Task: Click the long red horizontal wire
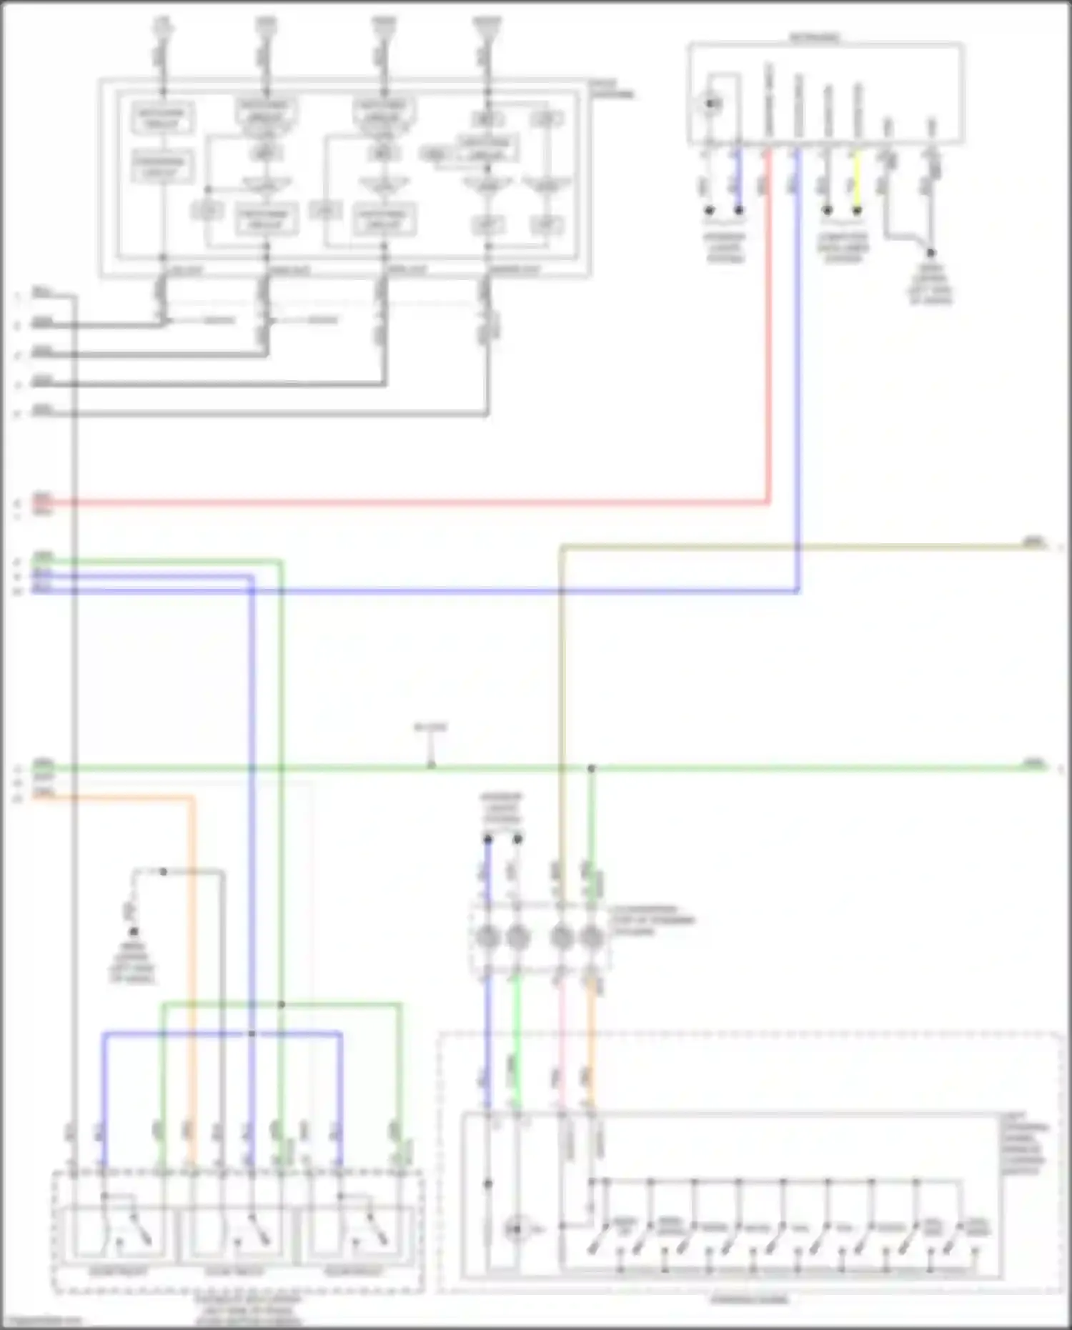tap(400, 503)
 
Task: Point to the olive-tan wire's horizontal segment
tap(786, 547)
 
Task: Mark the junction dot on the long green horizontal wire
tap(591, 768)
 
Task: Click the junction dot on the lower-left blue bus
tap(252, 1033)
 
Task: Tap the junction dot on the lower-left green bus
tap(282, 1004)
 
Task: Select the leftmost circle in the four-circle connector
tap(488, 936)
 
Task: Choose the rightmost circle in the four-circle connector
tap(591, 936)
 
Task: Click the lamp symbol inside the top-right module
tap(711, 104)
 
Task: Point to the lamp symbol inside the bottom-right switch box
tap(515, 1229)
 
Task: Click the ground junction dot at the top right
tap(930, 252)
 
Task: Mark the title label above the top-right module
tap(815, 36)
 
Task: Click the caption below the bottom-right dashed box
tap(749, 1299)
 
